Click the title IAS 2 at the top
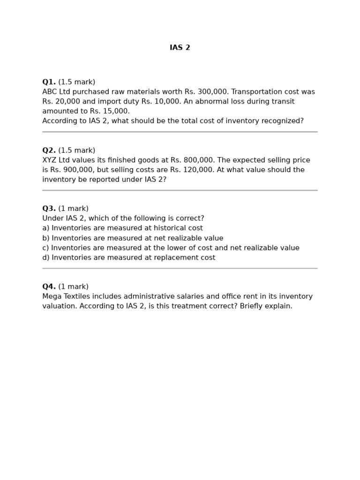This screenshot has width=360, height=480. point(180,48)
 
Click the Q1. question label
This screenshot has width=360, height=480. point(49,82)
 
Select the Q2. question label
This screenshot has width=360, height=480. point(49,150)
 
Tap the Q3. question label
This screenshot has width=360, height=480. point(49,209)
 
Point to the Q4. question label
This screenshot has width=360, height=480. point(49,286)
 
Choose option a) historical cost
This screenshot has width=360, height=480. point(122,228)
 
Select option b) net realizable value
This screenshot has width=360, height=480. point(133,238)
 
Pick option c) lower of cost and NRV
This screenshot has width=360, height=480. point(171,248)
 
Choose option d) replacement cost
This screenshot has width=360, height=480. point(128,258)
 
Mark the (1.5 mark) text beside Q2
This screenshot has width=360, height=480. point(77,150)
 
